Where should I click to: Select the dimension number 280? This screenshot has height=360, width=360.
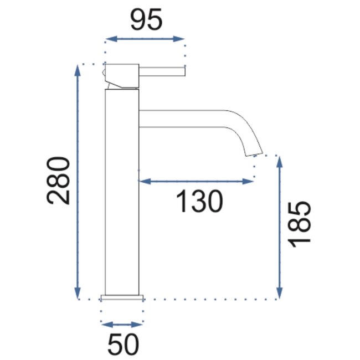coord(59,181)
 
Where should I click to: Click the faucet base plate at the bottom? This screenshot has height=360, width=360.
coord(122,297)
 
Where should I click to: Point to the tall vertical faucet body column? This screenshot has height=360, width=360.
coord(121,188)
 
